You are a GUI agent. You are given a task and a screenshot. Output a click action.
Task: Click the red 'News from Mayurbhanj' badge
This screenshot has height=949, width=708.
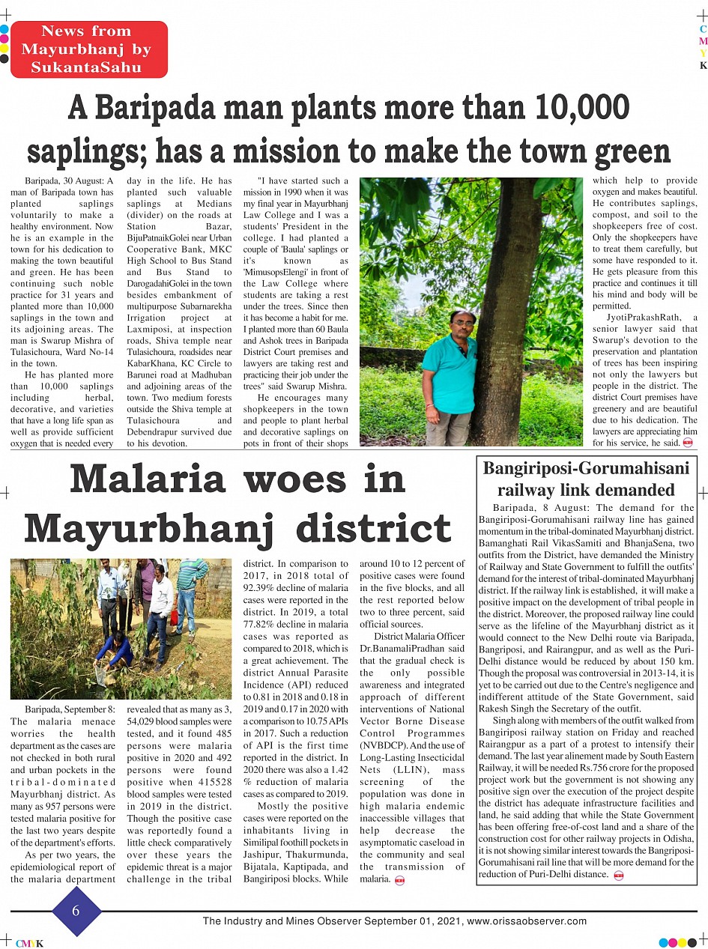coord(88,49)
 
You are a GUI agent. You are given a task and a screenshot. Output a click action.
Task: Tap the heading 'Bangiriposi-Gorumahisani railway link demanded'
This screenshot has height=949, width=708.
coord(586,479)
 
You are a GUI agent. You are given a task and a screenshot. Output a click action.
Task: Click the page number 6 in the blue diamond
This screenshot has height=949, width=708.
coord(76,910)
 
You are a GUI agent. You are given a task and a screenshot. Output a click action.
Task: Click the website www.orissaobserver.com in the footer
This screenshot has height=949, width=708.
coord(527,921)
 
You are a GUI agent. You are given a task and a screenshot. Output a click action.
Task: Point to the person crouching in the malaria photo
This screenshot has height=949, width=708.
coord(115,650)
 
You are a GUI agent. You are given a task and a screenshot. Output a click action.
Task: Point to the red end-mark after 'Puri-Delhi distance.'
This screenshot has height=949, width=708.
coord(619,876)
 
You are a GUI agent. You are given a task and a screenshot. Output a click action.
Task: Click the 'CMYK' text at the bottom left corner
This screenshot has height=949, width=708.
coord(28,944)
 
